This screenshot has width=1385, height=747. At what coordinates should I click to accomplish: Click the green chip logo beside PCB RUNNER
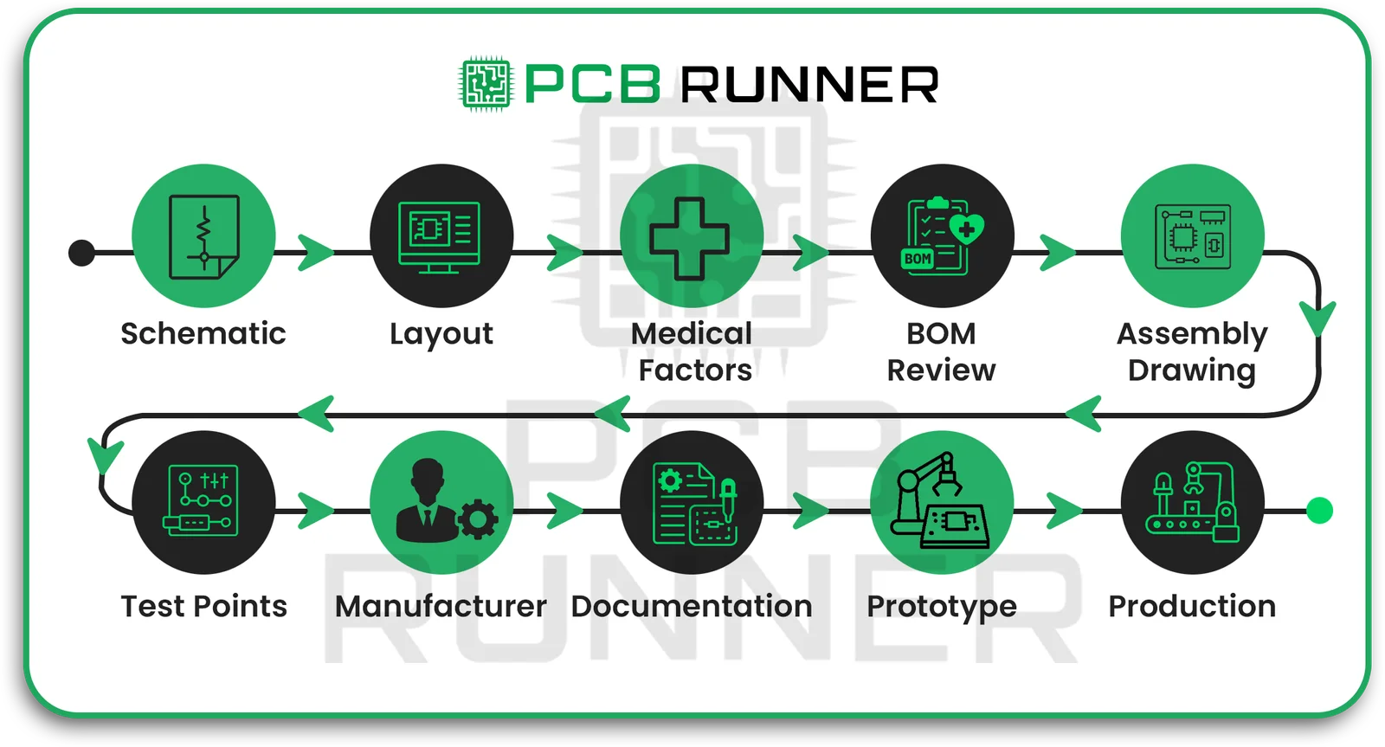tap(486, 84)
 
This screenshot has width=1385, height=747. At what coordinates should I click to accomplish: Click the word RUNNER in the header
tap(808, 85)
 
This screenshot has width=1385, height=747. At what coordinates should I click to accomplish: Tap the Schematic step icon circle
tap(203, 235)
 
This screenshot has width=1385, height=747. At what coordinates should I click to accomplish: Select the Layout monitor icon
tap(441, 235)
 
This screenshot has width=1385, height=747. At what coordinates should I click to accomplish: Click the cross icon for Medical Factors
tap(690, 238)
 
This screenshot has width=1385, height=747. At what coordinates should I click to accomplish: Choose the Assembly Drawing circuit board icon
tap(1192, 235)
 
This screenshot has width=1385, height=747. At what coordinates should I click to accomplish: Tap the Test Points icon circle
tap(203, 502)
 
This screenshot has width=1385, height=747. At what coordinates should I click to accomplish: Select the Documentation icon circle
tap(692, 502)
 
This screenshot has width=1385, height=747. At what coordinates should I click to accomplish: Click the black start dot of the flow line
tap(81, 253)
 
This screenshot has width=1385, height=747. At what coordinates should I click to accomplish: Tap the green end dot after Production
tap(1319, 511)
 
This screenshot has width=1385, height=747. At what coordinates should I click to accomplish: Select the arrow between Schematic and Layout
tap(315, 253)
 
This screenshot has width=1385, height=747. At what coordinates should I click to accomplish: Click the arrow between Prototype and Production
tap(1064, 511)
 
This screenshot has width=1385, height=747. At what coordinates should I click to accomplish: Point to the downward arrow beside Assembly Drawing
tap(1317, 318)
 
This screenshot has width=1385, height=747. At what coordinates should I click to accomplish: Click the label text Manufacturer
tap(441, 606)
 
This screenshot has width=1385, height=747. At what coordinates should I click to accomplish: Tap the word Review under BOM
tap(941, 370)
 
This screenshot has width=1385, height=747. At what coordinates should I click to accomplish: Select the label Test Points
tap(203, 606)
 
